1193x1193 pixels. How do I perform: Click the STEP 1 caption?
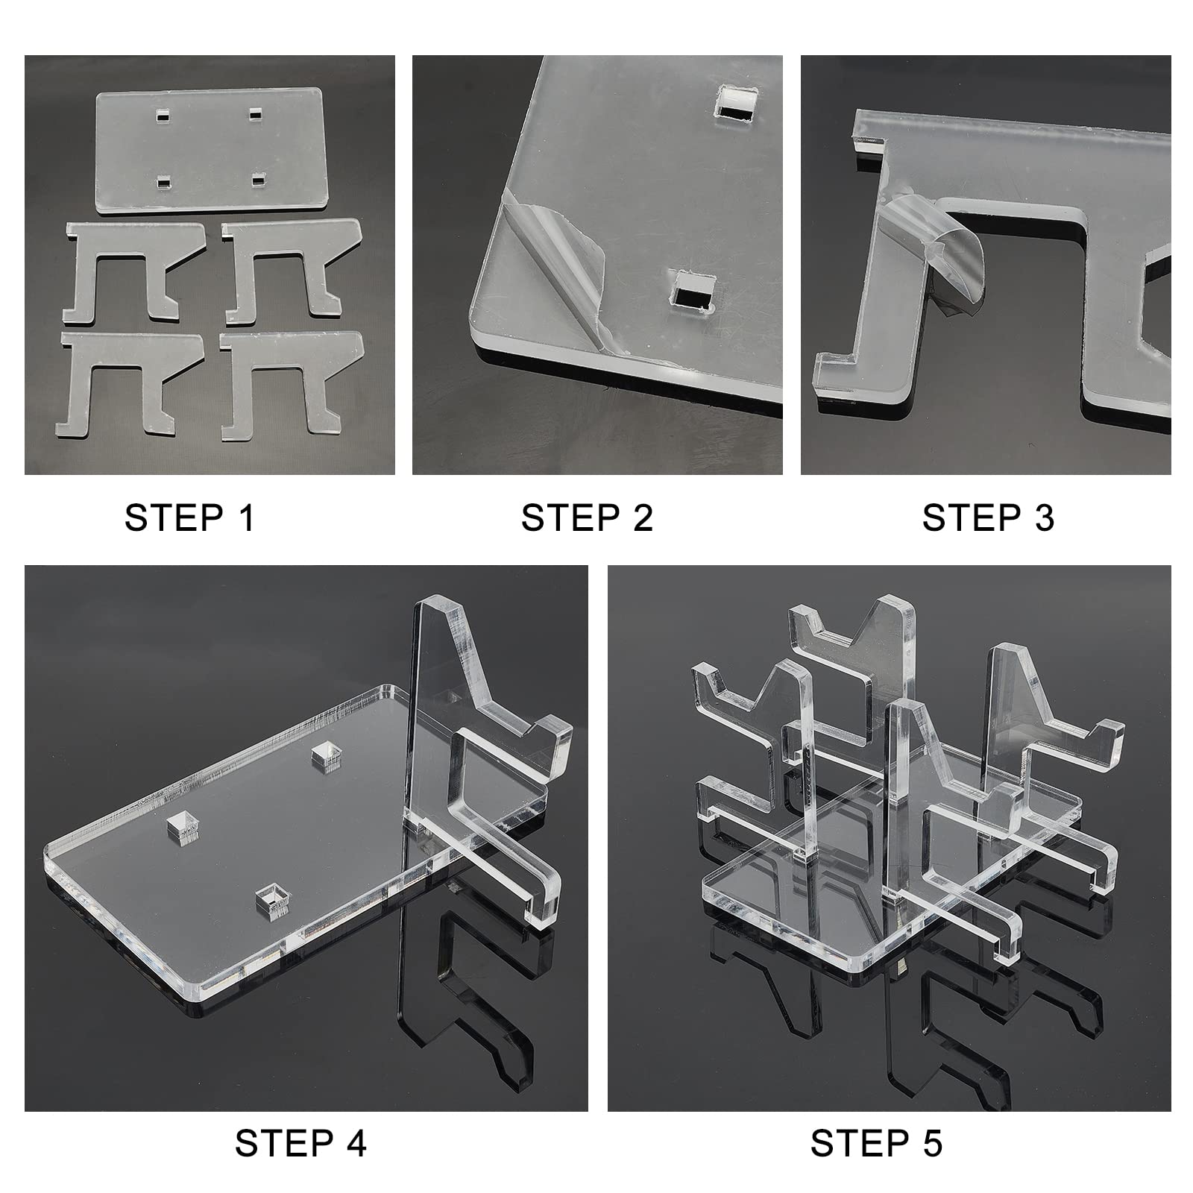pyautogui.click(x=189, y=517)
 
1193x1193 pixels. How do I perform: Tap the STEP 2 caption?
pyautogui.click(x=587, y=517)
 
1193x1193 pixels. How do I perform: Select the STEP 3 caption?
pyautogui.click(x=988, y=517)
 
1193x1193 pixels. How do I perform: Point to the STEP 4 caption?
pyautogui.click(x=300, y=1143)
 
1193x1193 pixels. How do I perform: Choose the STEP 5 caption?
pyautogui.click(x=876, y=1143)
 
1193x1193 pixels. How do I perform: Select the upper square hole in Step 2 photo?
pyautogui.click(x=735, y=104)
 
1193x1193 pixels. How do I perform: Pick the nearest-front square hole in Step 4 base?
pyautogui.click(x=271, y=899)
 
